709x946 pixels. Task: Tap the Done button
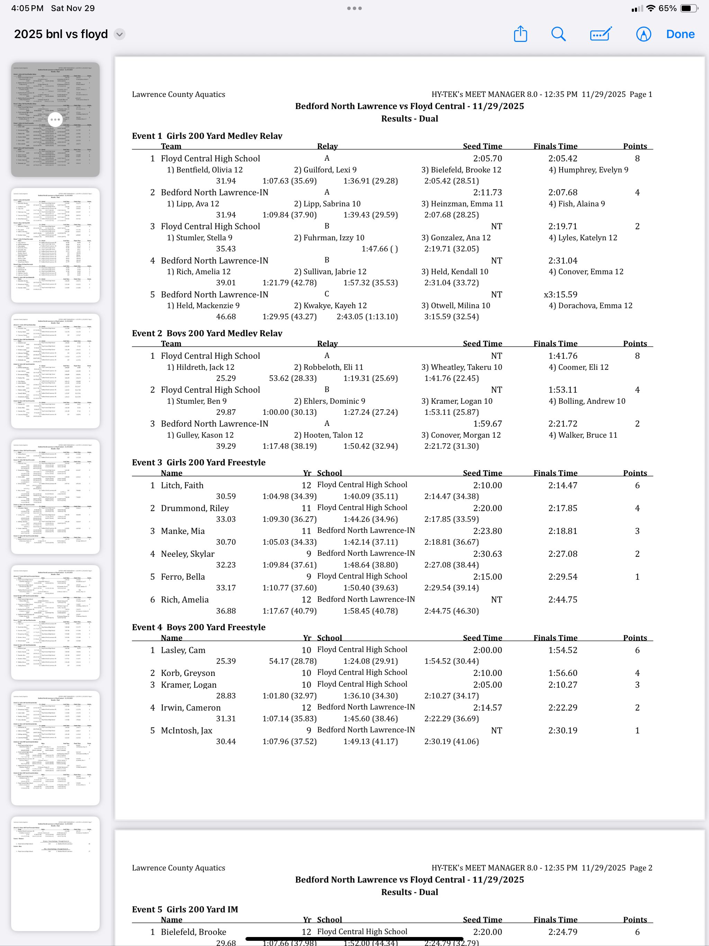click(680, 34)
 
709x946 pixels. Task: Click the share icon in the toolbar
click(520, 34)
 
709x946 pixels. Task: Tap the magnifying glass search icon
click(558, 34)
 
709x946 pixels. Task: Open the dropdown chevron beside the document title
click(120, 34)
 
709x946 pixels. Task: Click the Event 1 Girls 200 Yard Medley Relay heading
click(207, 136)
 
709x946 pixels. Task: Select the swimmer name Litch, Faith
click(182, 485)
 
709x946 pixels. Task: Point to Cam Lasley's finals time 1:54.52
click(563, 650)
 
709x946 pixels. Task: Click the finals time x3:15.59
click(560, 295)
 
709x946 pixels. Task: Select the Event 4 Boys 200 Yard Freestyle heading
click(198, 627)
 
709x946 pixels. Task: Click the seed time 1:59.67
click(487, 424)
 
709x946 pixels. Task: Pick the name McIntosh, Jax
click(187, 731)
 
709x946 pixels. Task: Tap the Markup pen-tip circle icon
click(643, 34)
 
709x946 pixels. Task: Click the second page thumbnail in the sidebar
click(55, 245)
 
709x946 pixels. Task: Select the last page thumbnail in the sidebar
click(55, 873)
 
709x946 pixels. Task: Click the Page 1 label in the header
click(640, 95)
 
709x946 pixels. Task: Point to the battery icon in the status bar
click(689, 8)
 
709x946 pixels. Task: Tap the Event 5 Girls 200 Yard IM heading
click(185, 909)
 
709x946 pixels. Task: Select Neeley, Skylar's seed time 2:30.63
click(487, 554)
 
